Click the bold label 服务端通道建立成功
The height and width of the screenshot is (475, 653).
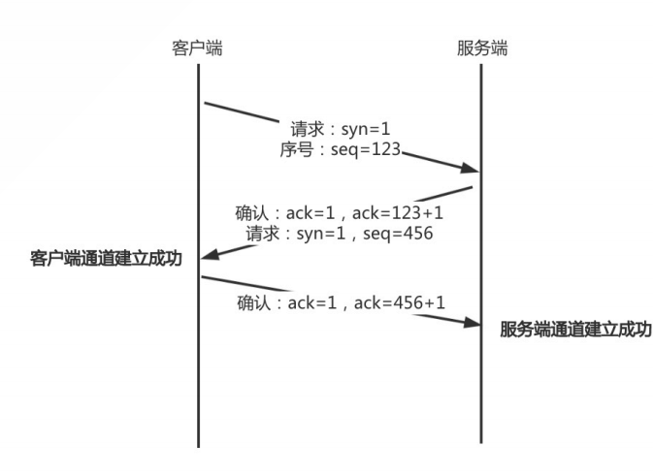tap(575, 330)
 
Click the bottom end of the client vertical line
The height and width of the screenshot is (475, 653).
tap(199, 445)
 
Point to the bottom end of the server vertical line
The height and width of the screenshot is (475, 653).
tap(481, 443)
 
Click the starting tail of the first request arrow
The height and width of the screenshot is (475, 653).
tap(205, 102)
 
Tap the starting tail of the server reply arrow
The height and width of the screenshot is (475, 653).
tap(472, 186)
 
